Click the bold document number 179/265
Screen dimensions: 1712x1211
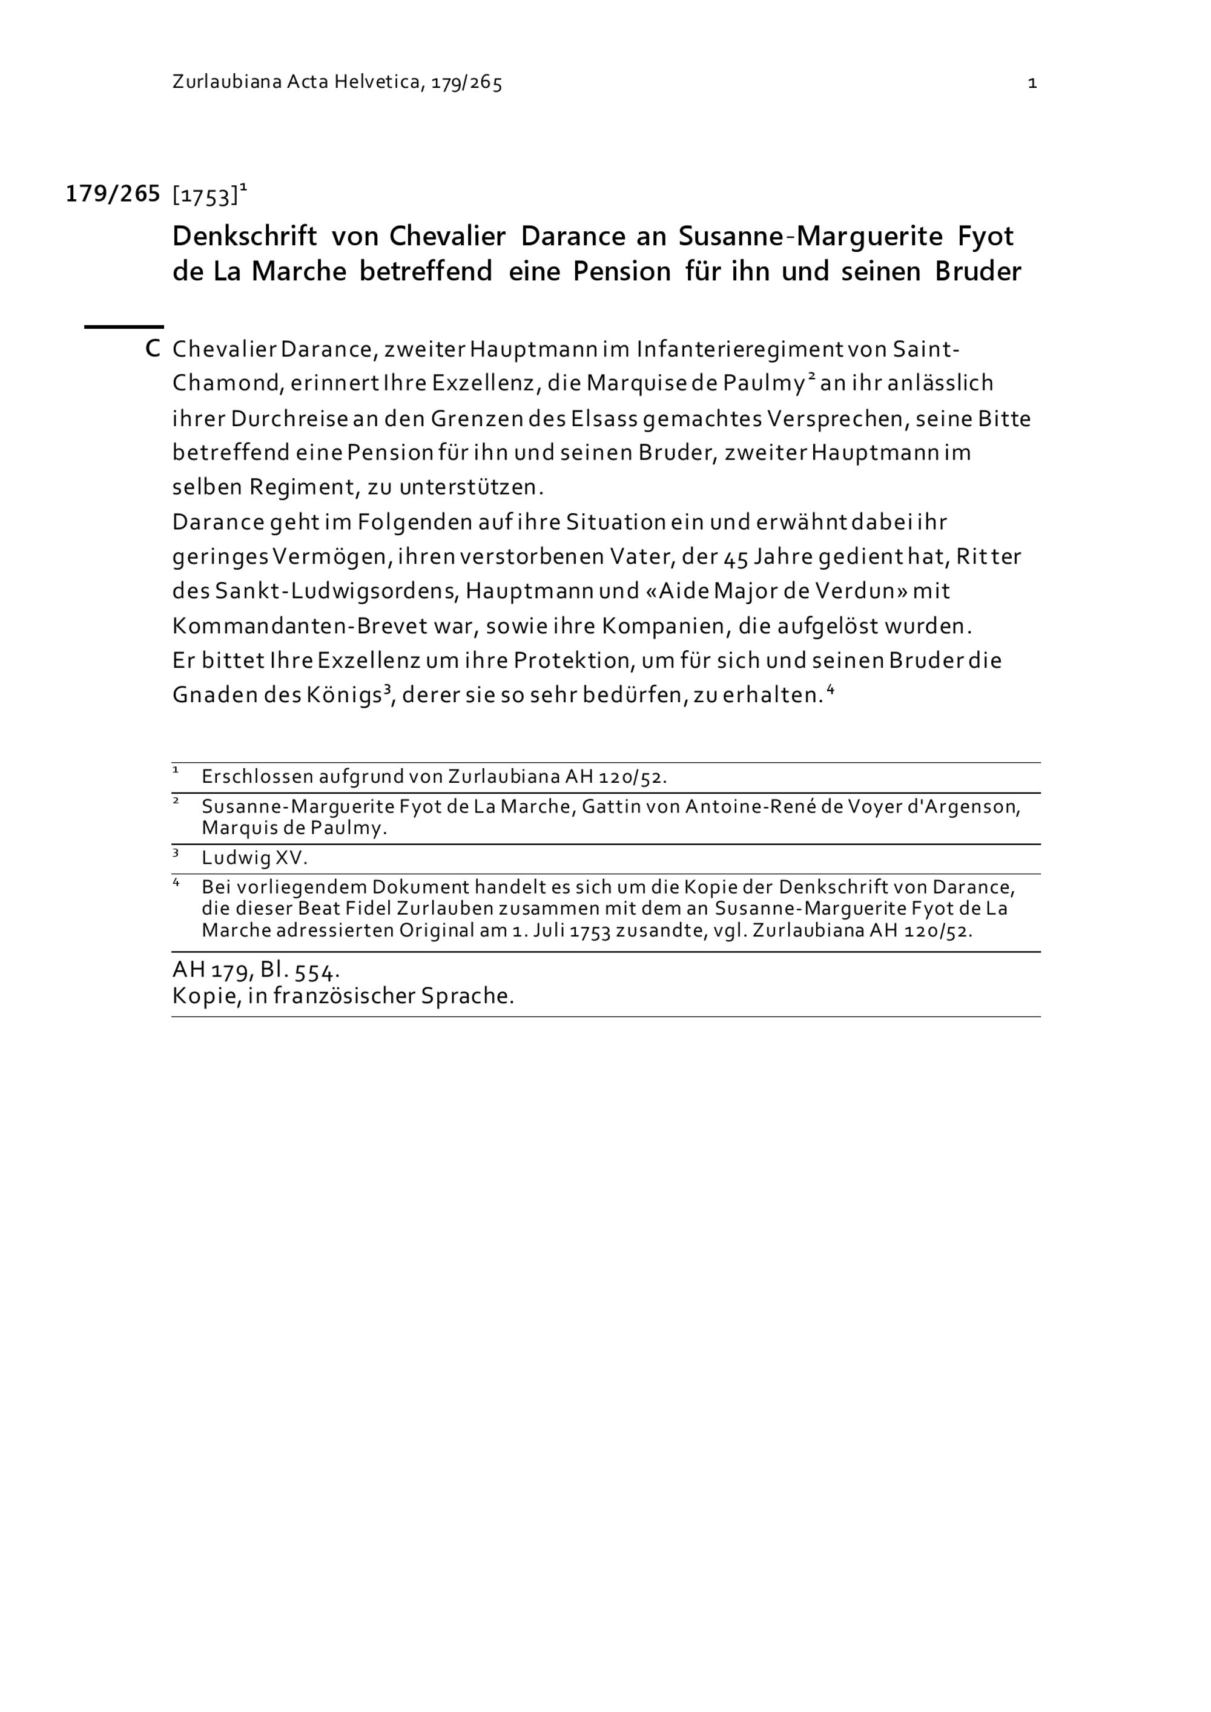click(x=113, y=194)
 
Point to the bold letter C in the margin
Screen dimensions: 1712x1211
click(x=153, y=349)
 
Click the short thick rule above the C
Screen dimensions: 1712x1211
click(x=124, y=326)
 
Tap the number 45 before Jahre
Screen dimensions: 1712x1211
click(x=737, y=557)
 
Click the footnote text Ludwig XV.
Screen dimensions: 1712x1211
click(x=254, y=858)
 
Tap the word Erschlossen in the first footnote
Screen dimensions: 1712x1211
click(x=257, y=777)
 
